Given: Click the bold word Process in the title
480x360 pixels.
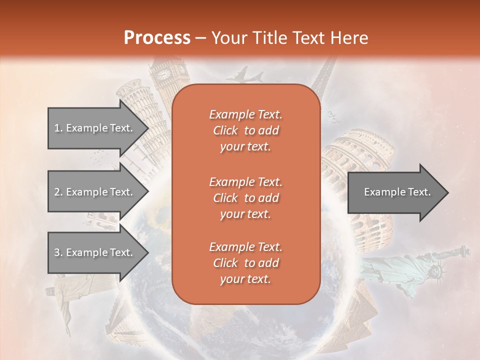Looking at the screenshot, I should coord(157,37).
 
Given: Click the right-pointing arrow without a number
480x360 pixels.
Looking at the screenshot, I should coord(397,192).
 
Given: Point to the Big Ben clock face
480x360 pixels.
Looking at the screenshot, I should coord(163,74).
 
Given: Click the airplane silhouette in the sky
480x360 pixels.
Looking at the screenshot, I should coord(245,76).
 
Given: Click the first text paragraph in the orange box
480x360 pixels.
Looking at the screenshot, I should coord(245,130).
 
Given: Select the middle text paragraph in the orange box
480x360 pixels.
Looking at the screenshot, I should coord(245,198).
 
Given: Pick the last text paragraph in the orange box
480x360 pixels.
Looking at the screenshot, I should coord(245,263).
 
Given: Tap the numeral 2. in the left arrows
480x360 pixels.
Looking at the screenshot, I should coord(58,192).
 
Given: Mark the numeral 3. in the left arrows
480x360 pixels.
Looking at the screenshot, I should coord(58,252).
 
